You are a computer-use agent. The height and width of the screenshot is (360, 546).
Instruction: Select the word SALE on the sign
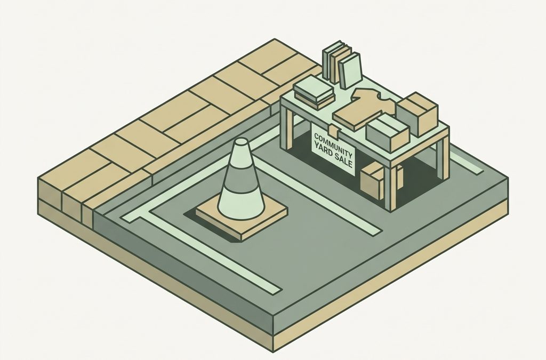tap(344, 159)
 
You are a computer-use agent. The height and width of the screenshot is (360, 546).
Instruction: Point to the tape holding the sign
tap(335, 131)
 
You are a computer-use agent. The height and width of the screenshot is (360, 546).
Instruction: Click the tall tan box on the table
tap(416, 114)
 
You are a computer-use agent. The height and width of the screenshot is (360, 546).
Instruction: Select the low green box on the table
tap(387, 133)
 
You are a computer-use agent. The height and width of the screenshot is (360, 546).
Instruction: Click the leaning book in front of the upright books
tap(350, 71)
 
